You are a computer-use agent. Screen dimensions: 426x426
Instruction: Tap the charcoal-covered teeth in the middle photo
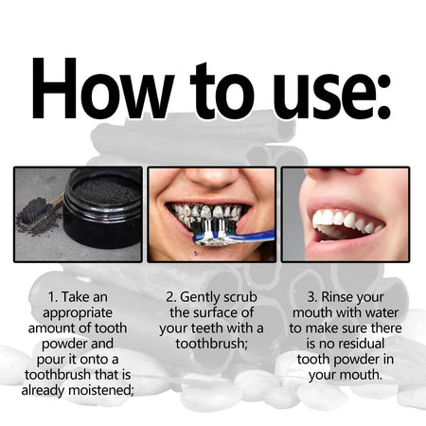point(208,216)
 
